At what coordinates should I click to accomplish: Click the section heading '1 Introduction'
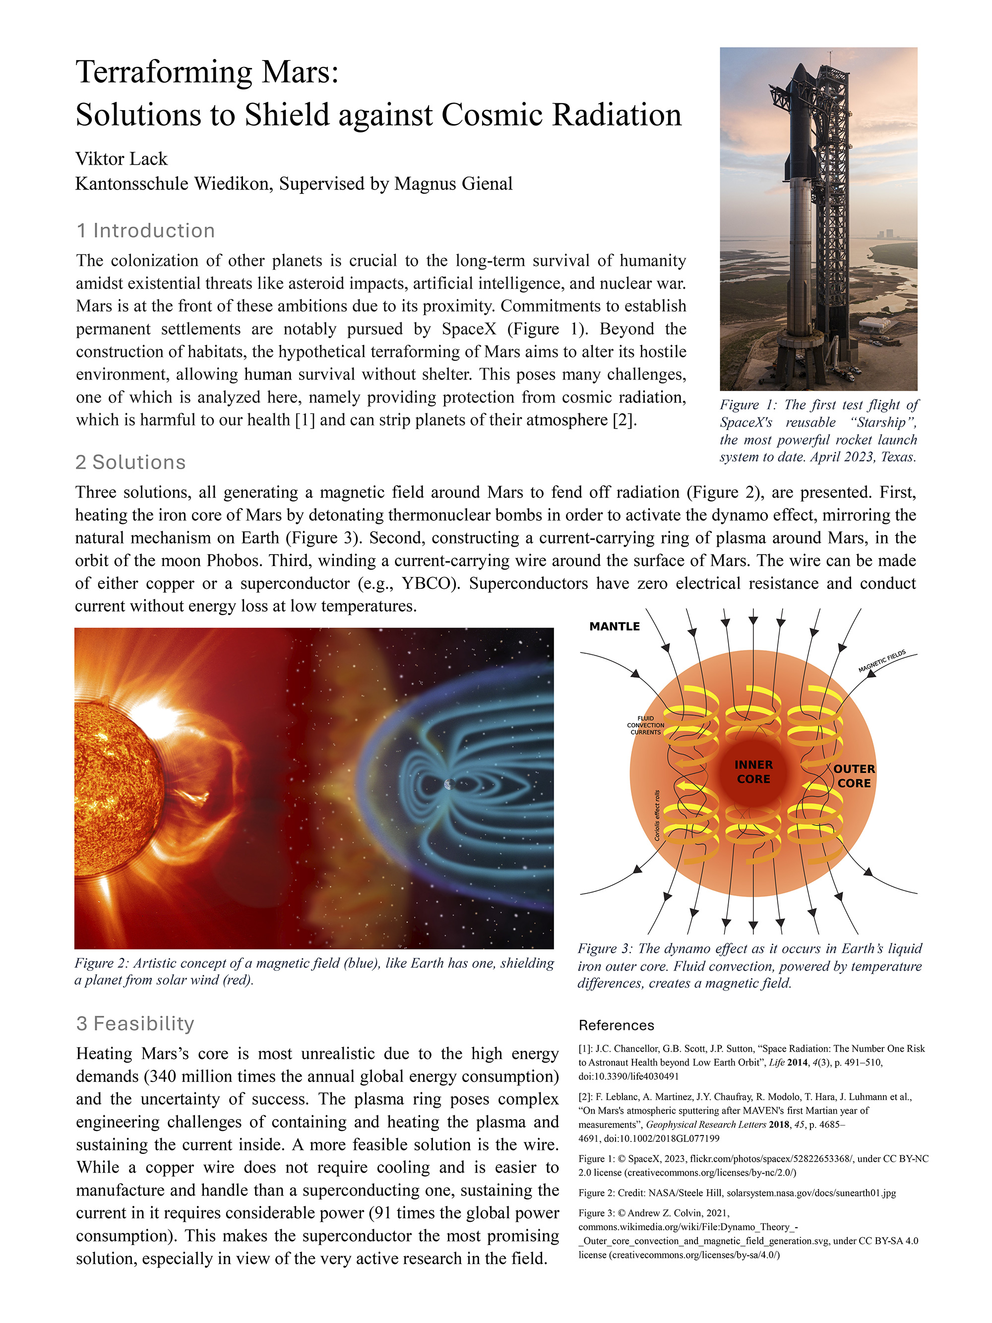[x=145, y=231]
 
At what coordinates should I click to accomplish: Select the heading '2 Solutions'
[x=130, y=462]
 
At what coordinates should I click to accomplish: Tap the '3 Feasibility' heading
[x=135, y=1023]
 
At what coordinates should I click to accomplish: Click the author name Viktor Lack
[x=122, y=159]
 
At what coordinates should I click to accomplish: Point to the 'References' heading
[x=616, y=1025]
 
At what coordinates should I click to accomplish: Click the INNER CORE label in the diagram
[x=753, y=771]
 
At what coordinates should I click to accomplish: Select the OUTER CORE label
[x=854, y=776]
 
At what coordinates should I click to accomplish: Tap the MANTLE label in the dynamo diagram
[x=614, y=626]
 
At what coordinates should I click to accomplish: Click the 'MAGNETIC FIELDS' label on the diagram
[x=881, y=661]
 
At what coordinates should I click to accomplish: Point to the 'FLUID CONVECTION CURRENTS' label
[x=645, y=725]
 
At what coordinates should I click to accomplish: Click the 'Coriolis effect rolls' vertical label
[x=657, y=815]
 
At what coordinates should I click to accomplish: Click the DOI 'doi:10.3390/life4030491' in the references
[x=628, y=1076]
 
